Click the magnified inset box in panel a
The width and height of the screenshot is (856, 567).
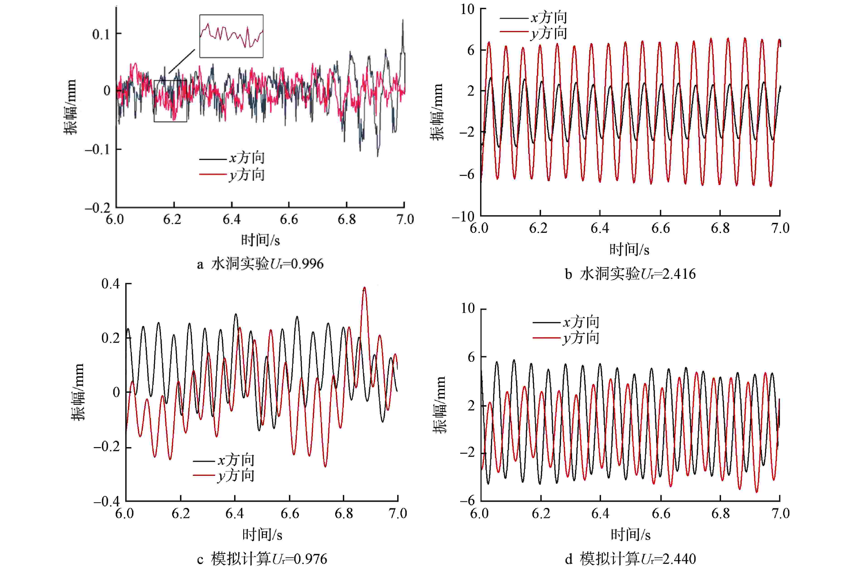[231, 36]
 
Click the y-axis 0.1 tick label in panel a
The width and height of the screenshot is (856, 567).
[101, 34]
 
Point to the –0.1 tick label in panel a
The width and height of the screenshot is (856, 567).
[98, 149]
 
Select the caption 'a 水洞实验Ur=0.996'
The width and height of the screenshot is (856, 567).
[260, 264]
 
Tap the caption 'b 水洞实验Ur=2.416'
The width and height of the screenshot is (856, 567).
[630, 274]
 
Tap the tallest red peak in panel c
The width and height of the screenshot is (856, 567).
[364, 288]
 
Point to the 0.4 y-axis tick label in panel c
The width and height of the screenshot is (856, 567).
[110, 284]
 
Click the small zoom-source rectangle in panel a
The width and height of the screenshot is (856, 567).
[171, 101]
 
